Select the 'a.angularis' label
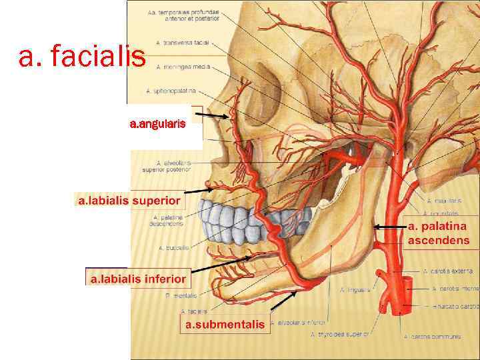(x=162, y=123)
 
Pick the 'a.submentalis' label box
(x=225, y=325)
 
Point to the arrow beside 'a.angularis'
(x=214, y=117)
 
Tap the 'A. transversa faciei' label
(x=183, y=43)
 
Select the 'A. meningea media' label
(x=182, y=67)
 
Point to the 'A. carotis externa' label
(x=448, y=271)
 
